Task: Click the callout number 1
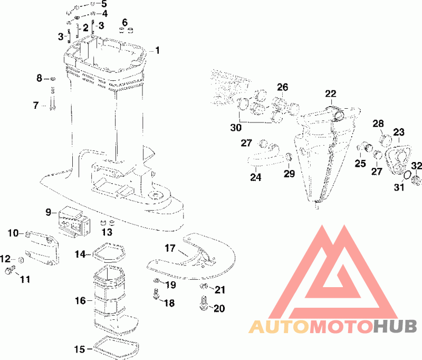click(x=157, y=51)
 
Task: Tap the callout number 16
click(x=80, y=301)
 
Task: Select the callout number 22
click(x=330, y=94)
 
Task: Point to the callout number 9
click(x=48, y=212)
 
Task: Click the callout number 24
click(x=255, y=177)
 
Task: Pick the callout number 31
click(x=399, y=187)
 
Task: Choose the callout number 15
click(x=79, y=349)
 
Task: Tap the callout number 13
click(x=107, y=232)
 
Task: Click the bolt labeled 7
click(x=53, y=100)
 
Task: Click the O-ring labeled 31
click(x=408, y=174)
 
